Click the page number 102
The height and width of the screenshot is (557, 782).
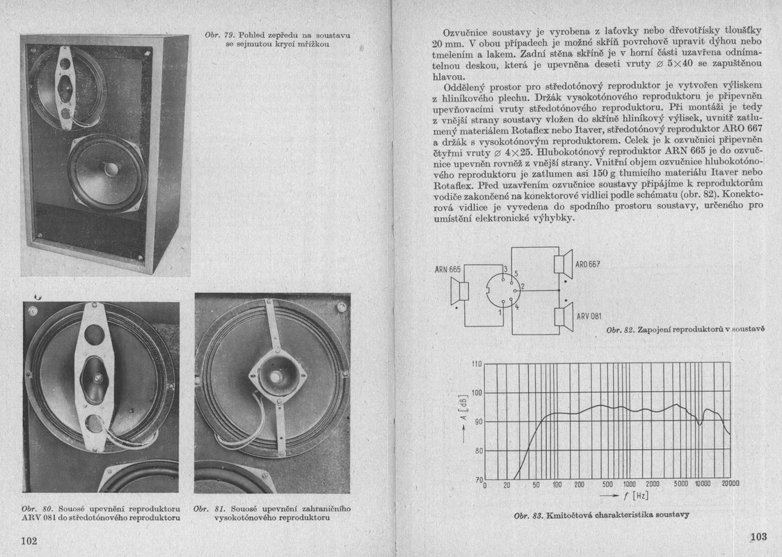click(x=29, y=540)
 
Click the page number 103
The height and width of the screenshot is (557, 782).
click(x=758, y=536)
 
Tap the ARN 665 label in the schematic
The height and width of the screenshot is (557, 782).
click(x=448, y=269)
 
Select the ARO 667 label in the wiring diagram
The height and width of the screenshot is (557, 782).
click(x=588, y=265)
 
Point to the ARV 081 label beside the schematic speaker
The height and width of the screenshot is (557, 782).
click(x=589, y=317)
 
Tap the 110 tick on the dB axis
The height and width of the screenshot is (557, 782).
click(x=477, y=364)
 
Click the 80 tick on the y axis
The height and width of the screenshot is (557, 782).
click(x=477, y=450)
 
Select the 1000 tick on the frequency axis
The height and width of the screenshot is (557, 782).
click(x=629, y=485)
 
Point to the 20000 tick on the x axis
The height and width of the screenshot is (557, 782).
click(x=730, y=484)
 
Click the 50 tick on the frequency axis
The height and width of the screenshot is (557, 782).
click(x=536, y=485)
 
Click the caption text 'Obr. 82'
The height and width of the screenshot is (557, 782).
click(x=619, y=329)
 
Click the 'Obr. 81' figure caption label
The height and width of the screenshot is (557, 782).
click(x=207, y=508)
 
